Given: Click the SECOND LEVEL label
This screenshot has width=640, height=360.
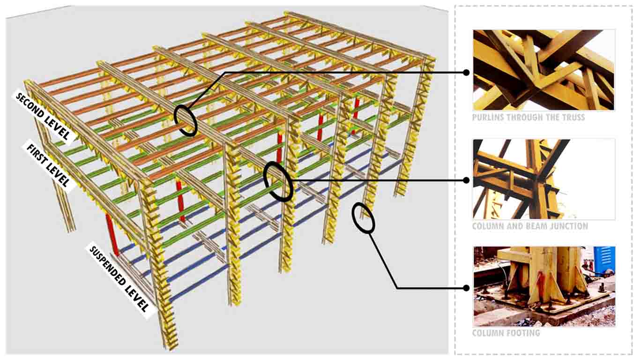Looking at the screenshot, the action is point(43,116).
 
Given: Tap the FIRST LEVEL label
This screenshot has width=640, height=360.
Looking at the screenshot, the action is point(48,165).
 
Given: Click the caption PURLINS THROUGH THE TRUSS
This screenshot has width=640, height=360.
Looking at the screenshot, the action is point(528,118).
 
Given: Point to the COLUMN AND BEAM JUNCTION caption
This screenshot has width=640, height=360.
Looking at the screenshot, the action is point(530,226).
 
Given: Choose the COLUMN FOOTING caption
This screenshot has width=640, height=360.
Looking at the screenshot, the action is point(506,333).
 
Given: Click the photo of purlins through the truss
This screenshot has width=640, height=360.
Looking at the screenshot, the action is point(543,70).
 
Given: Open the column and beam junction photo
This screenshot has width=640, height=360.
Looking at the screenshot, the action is point(543,179).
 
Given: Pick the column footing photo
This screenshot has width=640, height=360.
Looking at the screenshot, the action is point(544,286).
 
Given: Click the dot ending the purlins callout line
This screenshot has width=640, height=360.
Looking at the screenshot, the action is point(466,73).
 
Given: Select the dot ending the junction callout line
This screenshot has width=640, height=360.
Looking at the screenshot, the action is point(466,180).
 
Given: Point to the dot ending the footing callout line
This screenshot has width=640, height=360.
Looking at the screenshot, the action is point(466,288).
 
